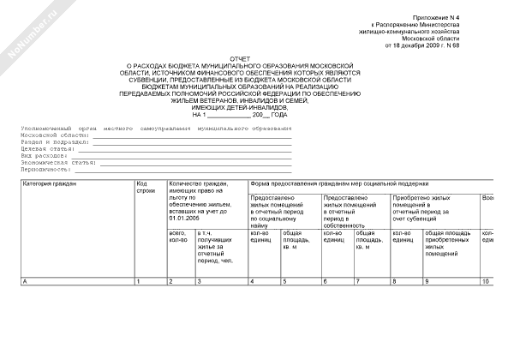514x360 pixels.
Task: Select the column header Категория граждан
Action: pos(51,184)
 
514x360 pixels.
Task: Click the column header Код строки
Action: pos(146,188)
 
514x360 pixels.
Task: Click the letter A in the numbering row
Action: pos(25,281)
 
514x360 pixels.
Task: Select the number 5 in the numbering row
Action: pos(285,281)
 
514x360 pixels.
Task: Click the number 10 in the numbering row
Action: pos(486,281)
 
